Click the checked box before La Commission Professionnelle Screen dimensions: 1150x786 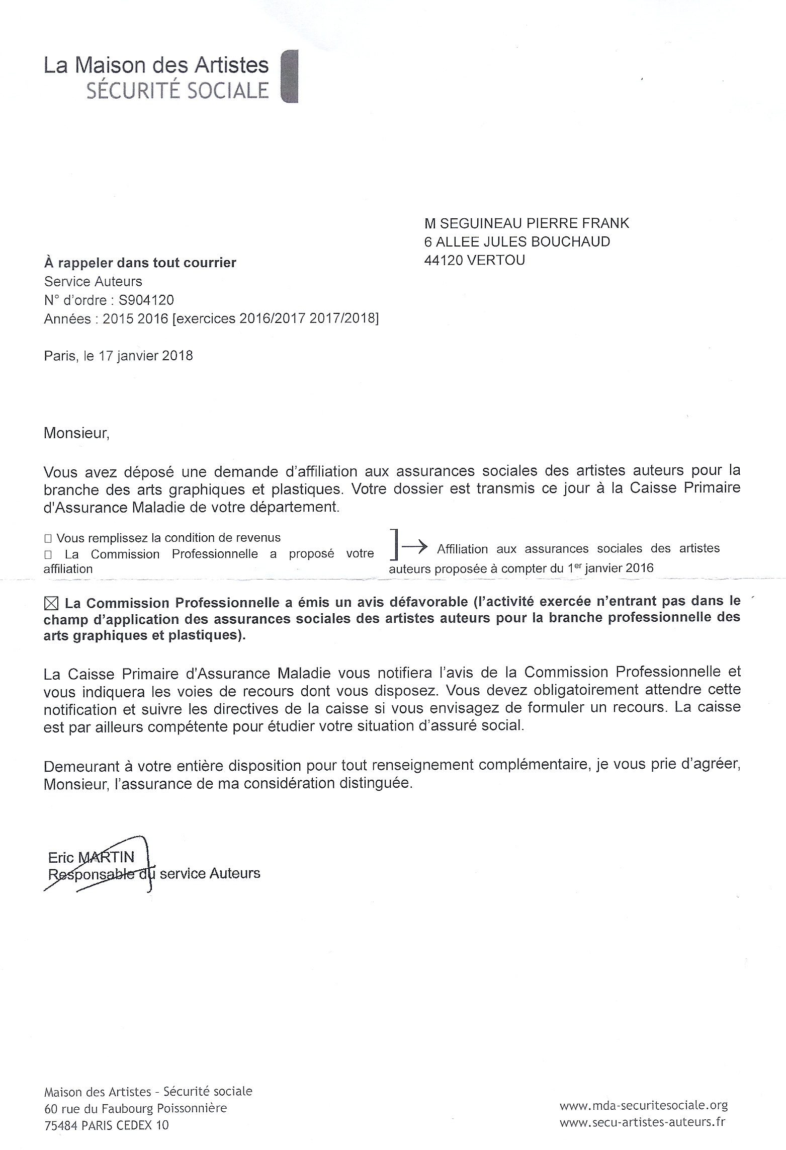point(52,603)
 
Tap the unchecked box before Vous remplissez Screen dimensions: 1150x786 point(48,539)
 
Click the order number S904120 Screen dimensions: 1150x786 point(146,300)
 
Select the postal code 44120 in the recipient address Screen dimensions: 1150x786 point(443,260)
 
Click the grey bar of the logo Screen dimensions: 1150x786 point(289,76)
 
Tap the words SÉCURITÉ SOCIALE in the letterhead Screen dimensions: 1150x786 point(178,91)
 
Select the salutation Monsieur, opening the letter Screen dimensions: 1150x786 point(76,433)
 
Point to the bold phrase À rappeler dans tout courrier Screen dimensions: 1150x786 point(140,263)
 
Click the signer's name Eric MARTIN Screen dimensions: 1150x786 point(91,857)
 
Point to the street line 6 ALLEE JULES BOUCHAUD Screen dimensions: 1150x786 point(517,242)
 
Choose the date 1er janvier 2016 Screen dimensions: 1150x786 point(610,568)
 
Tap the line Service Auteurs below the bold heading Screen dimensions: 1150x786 point(93,281)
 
